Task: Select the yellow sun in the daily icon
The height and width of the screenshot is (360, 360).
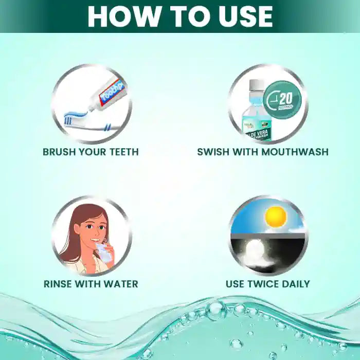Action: point(275,216)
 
